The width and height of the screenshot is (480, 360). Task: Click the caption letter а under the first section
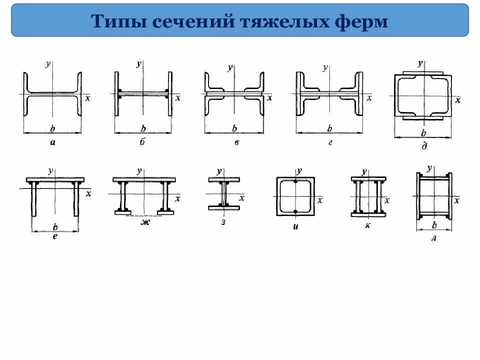(x=52, y=142)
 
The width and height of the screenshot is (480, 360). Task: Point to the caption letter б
(x=142, y=142)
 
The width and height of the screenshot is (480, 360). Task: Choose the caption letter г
(x=330, y=142)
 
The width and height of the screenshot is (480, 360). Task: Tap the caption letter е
(x=55, y=235)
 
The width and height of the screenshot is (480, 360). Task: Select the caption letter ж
(x=145, y=222)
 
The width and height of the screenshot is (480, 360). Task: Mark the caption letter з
(x=223, y=222)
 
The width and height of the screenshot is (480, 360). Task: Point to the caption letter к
(x=368, y=226)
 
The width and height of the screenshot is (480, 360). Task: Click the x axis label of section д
(x=457, y=100)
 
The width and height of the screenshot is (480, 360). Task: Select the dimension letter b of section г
(x=329, y=129)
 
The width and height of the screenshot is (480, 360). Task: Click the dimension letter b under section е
(x=55, y=226)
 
